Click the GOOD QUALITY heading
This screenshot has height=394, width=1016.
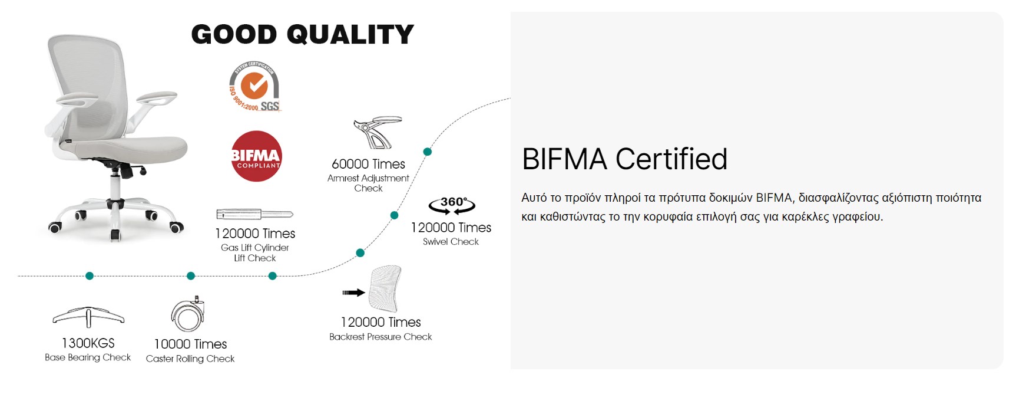[303, 34]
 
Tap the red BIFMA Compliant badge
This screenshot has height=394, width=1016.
[256, 156]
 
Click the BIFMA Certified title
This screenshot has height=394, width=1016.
[625, 159]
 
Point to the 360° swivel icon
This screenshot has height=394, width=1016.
[452, 205]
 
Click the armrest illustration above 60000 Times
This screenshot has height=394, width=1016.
[377, 132]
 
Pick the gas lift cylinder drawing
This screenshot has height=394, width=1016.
[254, 214]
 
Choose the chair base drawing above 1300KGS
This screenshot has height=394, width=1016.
[88, 317]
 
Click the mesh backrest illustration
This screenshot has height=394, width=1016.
[385, 288]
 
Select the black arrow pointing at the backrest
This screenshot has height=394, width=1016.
[353, 293]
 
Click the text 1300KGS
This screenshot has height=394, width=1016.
[88, 343]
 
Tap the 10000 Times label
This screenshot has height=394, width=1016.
[190, 344]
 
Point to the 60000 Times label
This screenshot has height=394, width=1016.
[369, 164]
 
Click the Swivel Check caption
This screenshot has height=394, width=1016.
[451, 242]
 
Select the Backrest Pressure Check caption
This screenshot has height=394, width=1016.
[380, 337]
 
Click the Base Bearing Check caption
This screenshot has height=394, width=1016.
[88, 357]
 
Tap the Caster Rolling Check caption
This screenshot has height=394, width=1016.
[190, 359]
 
